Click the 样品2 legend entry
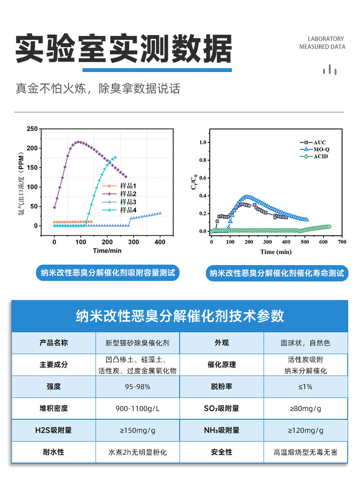tap(119, 194)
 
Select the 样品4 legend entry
tap(119, 210)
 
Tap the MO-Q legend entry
tap(314, 149)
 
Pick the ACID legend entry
tap(314, 157)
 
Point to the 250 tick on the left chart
tap(32, 129)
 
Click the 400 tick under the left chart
tap(160, 242)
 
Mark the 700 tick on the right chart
tap(342, 242)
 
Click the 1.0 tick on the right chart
tap(203, 142)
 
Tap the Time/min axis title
tap(107, 251)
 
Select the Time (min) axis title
tap(276, 252)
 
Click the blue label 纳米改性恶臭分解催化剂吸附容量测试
tap(108, 273)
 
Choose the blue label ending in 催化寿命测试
tap(277, 273)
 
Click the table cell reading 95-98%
tap(138, 387)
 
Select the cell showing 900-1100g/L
tap(138, 409)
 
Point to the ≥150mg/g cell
tap(138, 430)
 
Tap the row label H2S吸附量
tap(54, 430)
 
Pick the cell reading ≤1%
tap(305, 387)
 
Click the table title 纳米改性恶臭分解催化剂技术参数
tap(180, 316)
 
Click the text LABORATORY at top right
tap(326, 39)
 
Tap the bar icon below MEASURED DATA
tap(330, 70)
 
